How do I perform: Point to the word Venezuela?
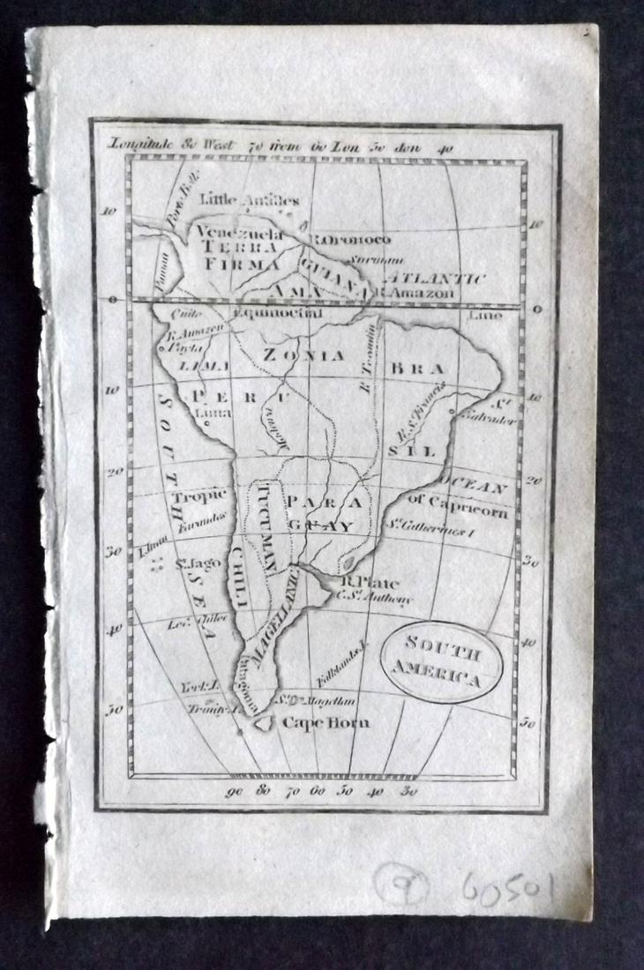coord(239,234)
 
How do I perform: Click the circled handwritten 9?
coord(402,883)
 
